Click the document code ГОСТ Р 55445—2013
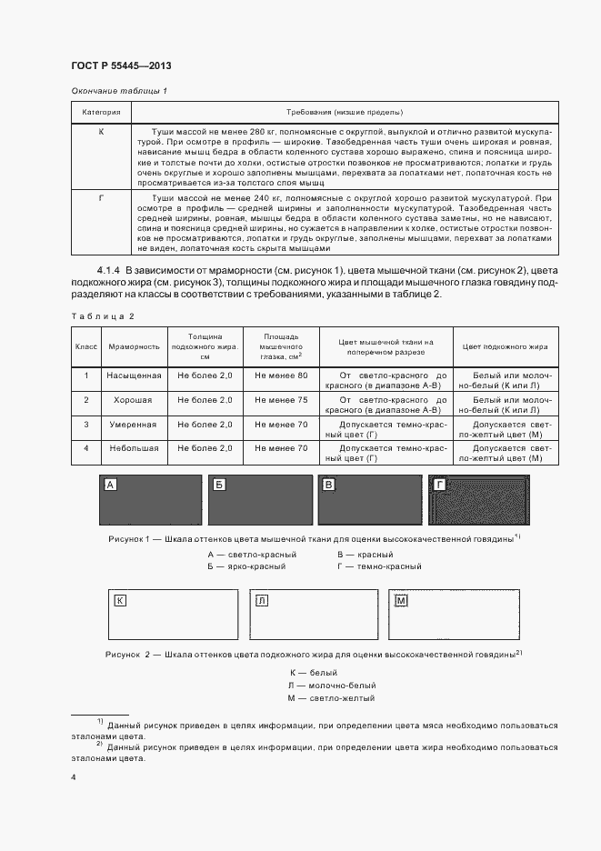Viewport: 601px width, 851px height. point(121,65)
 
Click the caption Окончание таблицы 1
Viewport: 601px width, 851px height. point(118,92)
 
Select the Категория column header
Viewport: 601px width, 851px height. point(102,113)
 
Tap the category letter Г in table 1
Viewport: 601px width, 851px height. point(102,197)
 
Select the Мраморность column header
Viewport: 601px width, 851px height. point(134,346)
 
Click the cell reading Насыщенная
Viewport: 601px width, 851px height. point(134,375)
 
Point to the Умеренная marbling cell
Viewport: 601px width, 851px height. point(134,425)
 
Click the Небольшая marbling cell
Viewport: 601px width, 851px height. point(134,448)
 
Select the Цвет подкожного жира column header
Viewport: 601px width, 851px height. point(505,346)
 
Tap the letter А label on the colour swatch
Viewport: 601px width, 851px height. point(111,486)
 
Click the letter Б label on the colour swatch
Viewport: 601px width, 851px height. point(218,486)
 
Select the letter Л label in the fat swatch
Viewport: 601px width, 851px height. point(262,601)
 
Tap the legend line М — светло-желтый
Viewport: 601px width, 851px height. point(317,698)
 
